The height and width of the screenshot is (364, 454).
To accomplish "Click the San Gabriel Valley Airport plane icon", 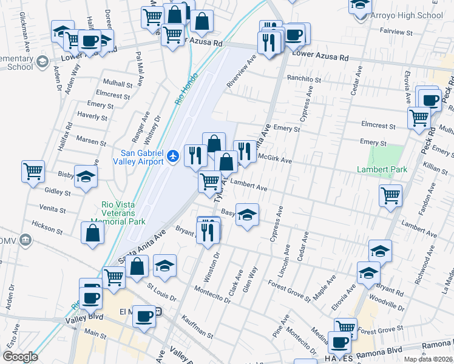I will [174, 157].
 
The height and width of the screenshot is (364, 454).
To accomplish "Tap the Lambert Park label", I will [382, 169].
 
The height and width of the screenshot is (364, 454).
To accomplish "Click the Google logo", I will [20, 357].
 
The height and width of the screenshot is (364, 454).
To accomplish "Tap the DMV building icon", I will [25, 239].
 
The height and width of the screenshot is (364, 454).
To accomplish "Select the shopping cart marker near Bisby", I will [33, 170].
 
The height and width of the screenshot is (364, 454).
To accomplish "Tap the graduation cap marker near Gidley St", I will [86, 176].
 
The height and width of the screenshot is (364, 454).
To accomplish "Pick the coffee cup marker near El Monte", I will [144, 316].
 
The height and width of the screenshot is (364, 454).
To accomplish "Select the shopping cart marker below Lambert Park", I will [390, 195].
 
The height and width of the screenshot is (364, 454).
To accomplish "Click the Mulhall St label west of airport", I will [118, 84].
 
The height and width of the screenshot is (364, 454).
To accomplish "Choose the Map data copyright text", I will [428, 359].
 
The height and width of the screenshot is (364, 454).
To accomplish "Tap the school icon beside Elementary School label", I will [42, 61].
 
